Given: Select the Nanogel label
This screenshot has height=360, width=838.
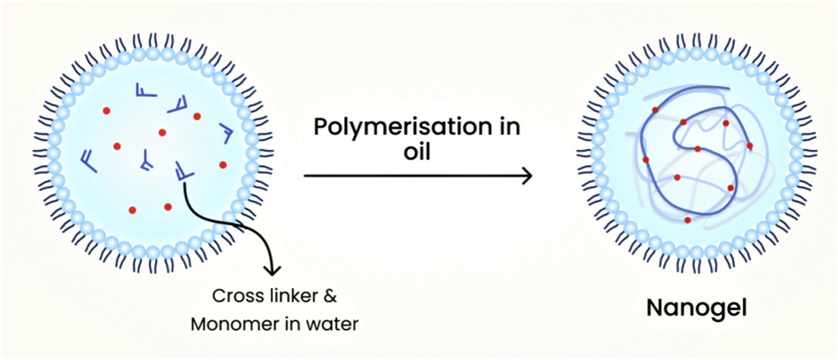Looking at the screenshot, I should click(696, 308).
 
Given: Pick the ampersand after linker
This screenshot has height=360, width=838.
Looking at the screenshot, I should click(329, 298).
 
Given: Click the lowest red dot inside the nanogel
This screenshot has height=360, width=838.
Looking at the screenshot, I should click(687, 220).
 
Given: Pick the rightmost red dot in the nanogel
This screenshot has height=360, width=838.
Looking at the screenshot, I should click(750, 146).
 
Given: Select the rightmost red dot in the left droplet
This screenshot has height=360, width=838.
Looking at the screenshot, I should click(223, 165).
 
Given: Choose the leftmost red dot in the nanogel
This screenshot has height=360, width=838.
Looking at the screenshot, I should click(646, 159).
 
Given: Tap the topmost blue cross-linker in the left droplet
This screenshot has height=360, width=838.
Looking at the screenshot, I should click(142, 90).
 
